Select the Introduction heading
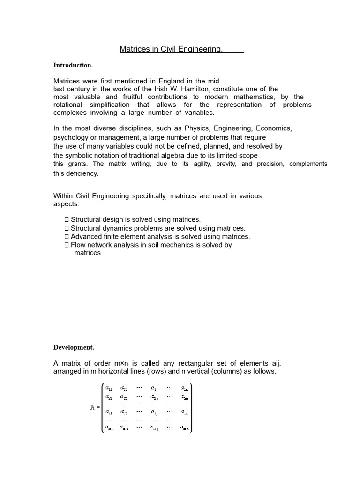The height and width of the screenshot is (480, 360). [x=73, y=65]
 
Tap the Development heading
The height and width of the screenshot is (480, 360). [x=74, y=347]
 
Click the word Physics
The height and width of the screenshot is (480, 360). [x=197, y=128]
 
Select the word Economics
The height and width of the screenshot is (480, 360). [x=274, y=128]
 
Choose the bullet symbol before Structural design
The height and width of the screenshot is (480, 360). [x=67, y=219]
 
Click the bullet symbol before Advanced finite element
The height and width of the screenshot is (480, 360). [x=67, y=237]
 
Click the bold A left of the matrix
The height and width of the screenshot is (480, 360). [x=92, y=407]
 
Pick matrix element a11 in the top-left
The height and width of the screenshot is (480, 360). [x=109, y=388]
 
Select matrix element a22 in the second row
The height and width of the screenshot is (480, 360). [x=124, y=397]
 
